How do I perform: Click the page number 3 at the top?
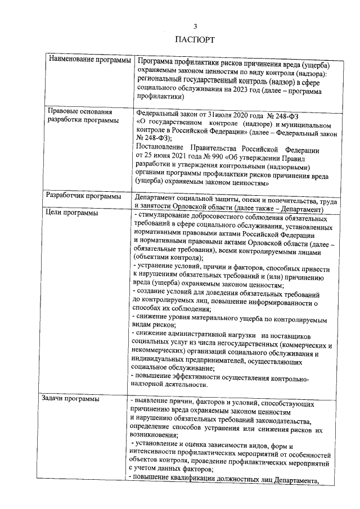[195, 26]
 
